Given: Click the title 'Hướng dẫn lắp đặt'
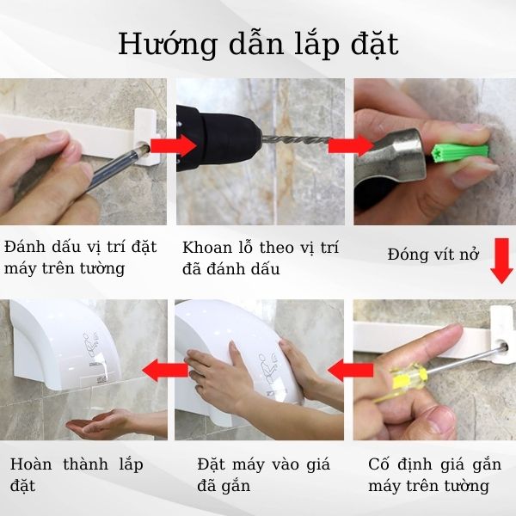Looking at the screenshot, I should [258, 43].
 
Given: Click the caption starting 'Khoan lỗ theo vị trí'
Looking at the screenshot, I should [261, 257].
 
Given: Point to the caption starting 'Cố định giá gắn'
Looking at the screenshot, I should [433, 475].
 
